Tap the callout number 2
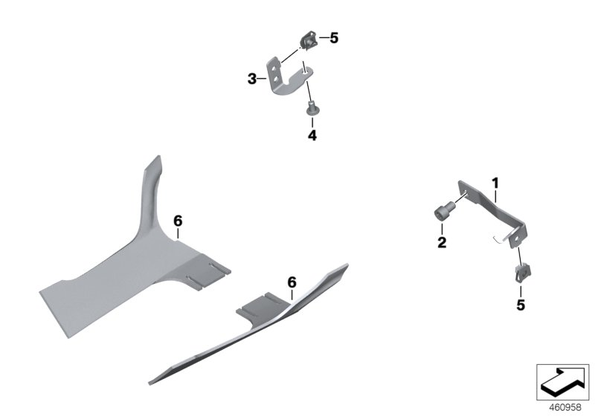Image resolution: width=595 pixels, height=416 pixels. point(441,242)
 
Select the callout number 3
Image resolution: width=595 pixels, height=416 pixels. point(252,77)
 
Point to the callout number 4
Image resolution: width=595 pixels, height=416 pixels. point(312,135)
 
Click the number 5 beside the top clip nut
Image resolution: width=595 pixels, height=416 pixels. point(334,37)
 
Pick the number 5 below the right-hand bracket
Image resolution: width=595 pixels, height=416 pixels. point(521,305)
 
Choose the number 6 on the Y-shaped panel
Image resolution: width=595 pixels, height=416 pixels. point(178,221)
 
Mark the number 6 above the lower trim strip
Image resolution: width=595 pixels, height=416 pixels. point(292,282)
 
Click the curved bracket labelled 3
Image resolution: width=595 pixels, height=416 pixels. point(286,74)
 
